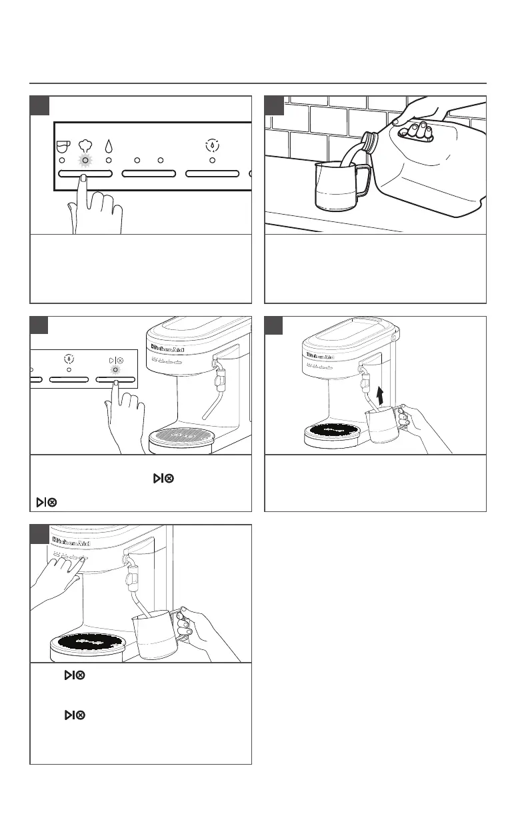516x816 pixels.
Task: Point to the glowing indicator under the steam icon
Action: [84, 161]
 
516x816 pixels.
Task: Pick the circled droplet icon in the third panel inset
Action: [69, 357]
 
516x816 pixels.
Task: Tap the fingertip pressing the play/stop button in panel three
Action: [115, 382]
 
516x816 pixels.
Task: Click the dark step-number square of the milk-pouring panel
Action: [275, 105]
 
